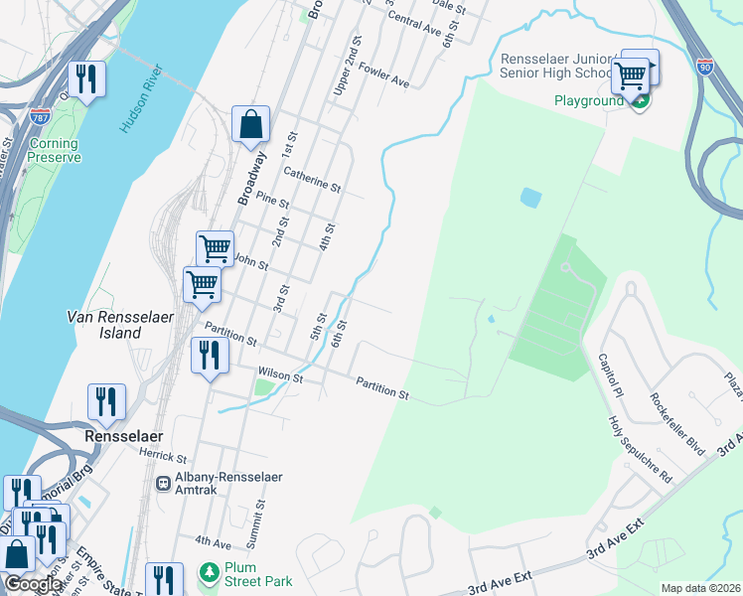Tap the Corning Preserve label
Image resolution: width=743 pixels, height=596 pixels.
(x=54, y=151)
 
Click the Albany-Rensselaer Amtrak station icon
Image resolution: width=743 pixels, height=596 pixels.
(x=162, y=483)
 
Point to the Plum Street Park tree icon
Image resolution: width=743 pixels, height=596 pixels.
(x=209, y=573)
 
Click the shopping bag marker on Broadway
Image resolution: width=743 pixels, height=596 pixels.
(x=251, y=125)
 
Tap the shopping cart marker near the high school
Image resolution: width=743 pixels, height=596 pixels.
(x=630, y=74)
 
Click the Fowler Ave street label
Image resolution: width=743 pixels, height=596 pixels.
(x=385, y=73)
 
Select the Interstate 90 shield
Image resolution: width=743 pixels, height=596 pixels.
(x=704, y=68)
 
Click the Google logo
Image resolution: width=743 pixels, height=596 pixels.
(x=33, y=584)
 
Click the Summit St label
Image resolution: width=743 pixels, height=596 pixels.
(x=261, y=518)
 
